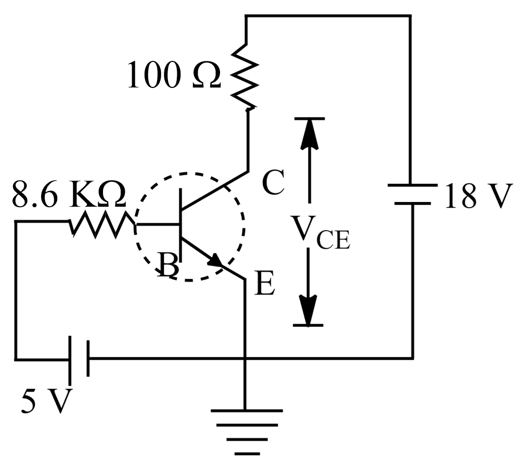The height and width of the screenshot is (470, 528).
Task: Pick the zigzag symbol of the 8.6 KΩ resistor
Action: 102,225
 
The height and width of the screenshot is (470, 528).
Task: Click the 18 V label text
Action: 478,197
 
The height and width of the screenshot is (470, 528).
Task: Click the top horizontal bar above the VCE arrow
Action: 309,119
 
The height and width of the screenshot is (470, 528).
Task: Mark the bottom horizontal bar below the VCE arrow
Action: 309,325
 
